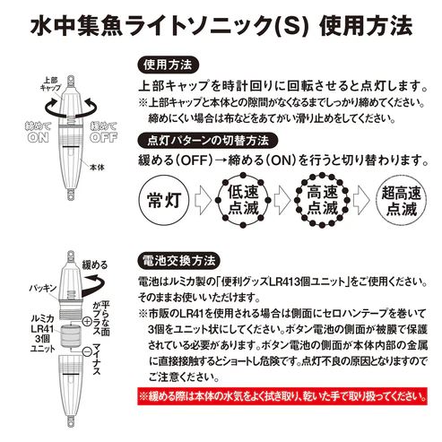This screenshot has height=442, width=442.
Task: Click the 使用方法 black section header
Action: pyautogui.click(x=170, y=65)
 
